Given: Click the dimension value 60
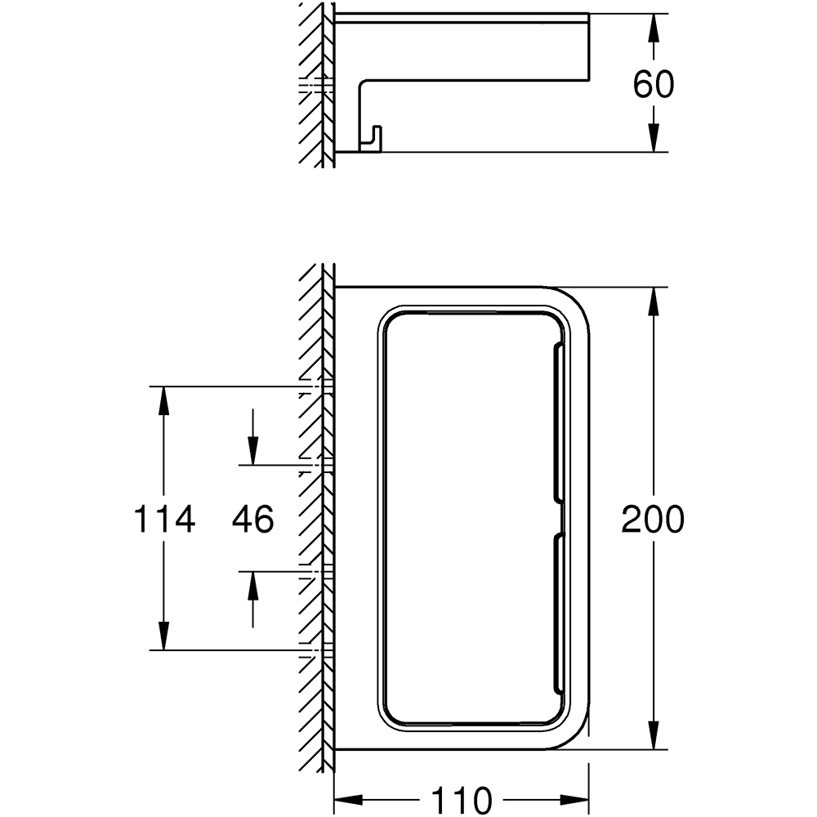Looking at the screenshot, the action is pyautogui.click(x=654, y=84).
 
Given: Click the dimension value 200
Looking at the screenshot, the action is pyautogui.click(x=652, y=519).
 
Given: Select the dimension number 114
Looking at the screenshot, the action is pyautogui.click(x=165, y=519).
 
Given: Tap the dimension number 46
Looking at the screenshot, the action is pyautogui.click(x=252, y=519).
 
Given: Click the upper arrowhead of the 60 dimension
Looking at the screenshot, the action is pyautogui.click(x=654, y=28).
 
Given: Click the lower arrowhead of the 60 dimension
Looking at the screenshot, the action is pyautogui.click(x=654, y=137).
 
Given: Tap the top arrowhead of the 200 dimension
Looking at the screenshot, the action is pyautogui.click(x=654, y=301).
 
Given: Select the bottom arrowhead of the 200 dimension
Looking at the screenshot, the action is pyautogui.click(x=654, y=734).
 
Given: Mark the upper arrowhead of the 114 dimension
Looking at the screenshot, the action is pyautogui.click(x=164, y=400).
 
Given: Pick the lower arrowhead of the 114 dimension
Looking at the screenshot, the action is pyautogui.click(x=164, y=636).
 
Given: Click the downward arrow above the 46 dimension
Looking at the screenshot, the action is pyautogui.click(x=252, y=436).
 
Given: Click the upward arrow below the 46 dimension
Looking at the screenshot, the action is pyautogui.click(x=252, y=599).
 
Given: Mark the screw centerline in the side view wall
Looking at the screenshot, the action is pyautogui.click(x=315, y=86).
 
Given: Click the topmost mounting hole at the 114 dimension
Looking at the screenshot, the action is pyautogui.click(x=315, y=386).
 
